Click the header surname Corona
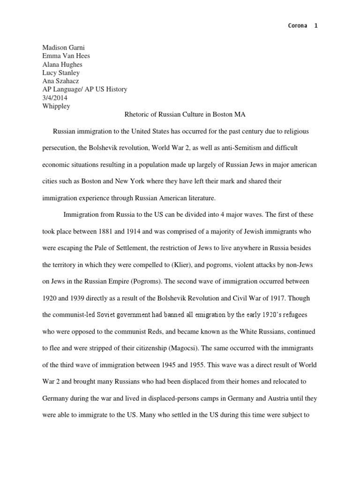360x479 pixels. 297,26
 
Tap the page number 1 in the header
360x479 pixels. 316,26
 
